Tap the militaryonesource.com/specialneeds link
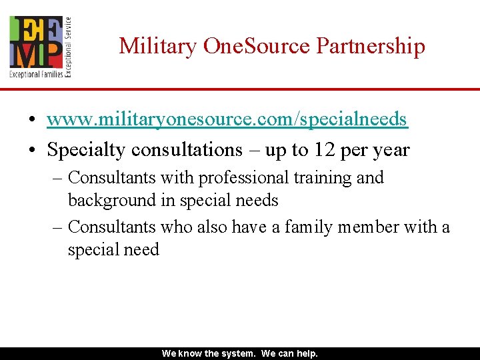point(227,119)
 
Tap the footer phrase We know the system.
point(209,354)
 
